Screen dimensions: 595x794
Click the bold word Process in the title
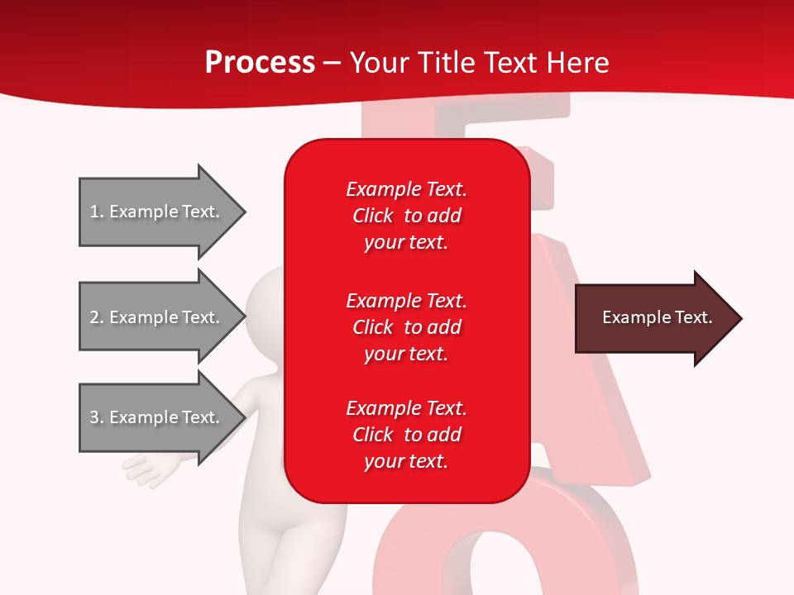tap(260, 62)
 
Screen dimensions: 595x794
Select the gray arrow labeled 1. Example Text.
tap(157, 212)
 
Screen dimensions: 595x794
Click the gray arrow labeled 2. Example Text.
tap(157, 317)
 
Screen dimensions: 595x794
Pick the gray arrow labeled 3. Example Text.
tap(157, 417)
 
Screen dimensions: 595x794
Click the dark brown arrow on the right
tap(653, 318)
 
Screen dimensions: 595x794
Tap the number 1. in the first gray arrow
tap(97, 212)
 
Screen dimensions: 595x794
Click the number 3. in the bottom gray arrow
tap(97, 417)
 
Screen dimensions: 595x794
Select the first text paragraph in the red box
tap(406, 216)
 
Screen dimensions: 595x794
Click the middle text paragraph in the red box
tap(406, 327)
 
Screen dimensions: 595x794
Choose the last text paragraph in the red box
tap(406, 435)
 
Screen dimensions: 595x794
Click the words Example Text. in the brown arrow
tap(658, 317)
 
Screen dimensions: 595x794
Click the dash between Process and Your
tap(332, 63)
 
